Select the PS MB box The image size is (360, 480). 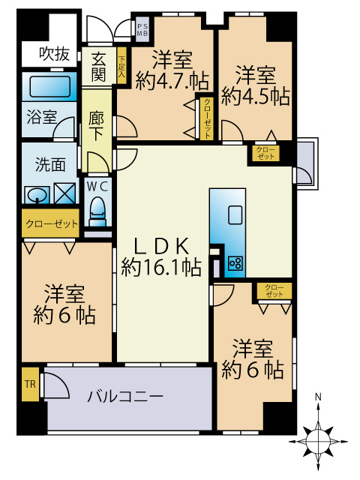click(142, 30)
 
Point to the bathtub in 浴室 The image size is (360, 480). click(50, 86)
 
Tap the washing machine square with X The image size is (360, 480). click(65, 193)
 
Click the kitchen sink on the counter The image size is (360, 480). click(235, 213)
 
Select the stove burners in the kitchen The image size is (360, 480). click(235, 262)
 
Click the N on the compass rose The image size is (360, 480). click(319, 397)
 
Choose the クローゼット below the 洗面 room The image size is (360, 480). click(49, 224)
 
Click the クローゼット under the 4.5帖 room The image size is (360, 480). click(265, 153)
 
